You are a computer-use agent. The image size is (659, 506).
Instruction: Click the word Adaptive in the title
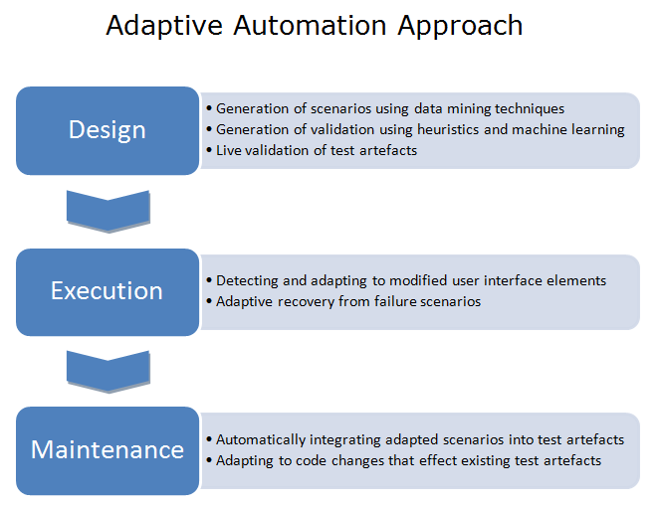[164, 26]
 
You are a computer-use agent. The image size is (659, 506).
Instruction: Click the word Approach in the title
[460, 26]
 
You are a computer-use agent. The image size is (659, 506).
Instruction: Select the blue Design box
[108, 130]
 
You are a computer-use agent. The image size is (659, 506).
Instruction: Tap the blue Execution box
[108, 292]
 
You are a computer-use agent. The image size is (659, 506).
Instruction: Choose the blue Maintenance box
[108, 450]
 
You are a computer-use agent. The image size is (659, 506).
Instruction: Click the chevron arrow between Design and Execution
[109, 211]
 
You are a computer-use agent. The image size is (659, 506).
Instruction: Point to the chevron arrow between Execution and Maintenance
[109, 372]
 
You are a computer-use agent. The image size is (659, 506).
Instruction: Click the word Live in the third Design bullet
[228, 150]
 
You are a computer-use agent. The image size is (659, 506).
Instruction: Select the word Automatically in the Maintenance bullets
[261, 439]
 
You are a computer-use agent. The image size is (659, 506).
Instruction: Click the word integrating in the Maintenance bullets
[345, 440]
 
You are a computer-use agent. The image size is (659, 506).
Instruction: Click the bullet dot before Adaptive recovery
[209, 301]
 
